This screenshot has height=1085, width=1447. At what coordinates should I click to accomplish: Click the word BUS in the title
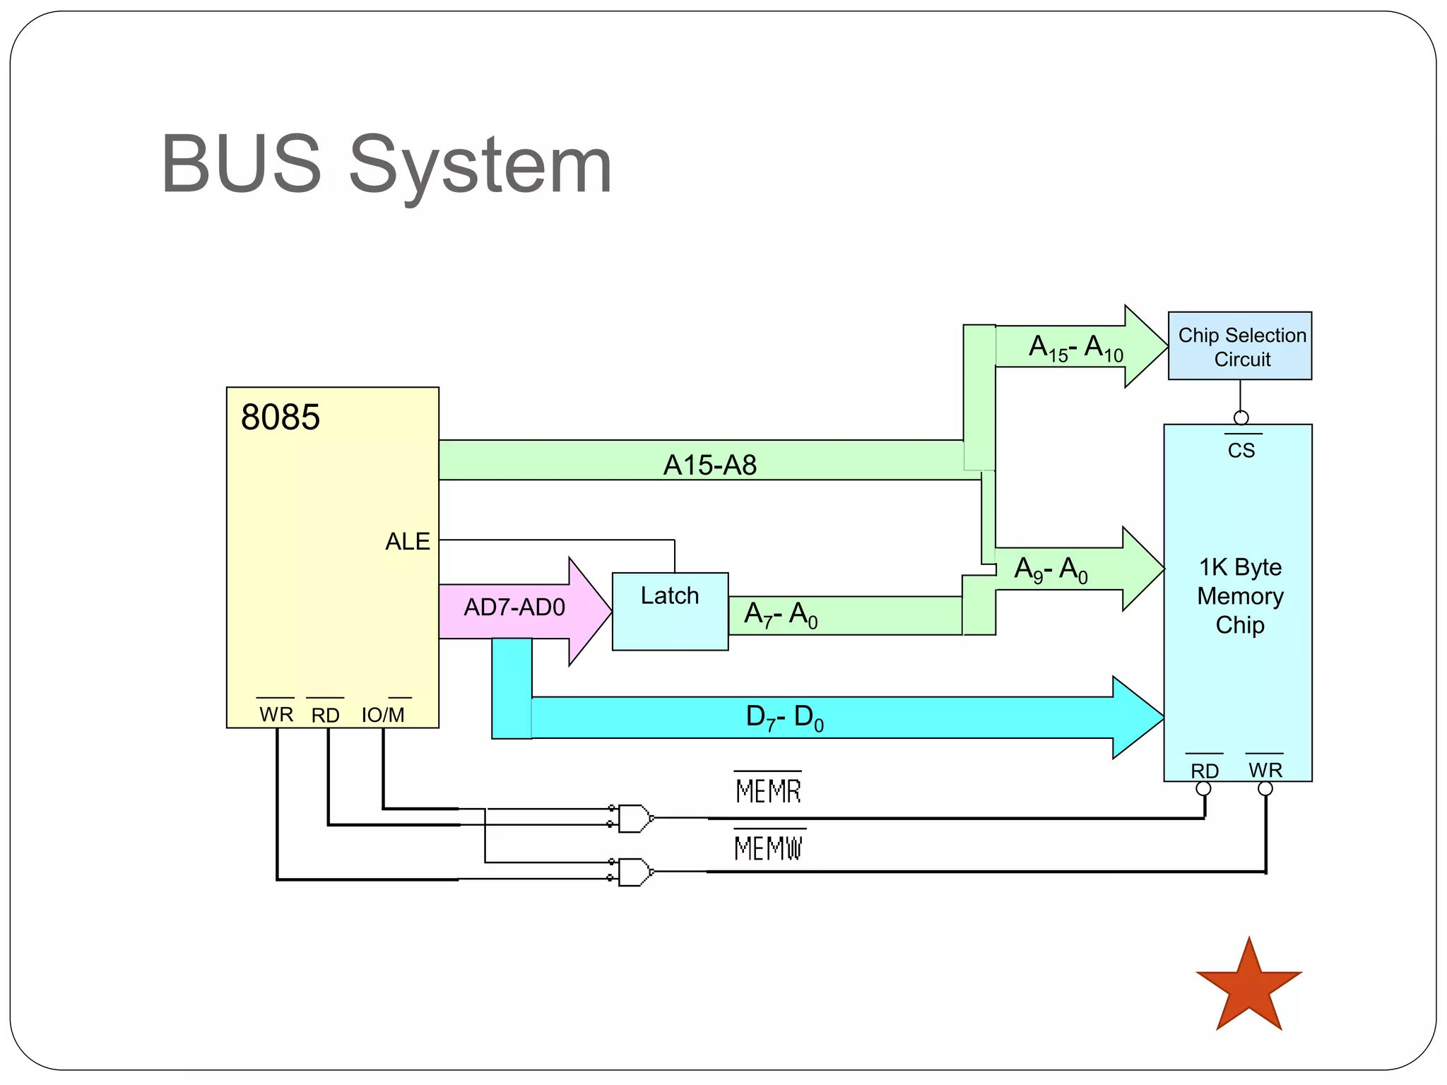point(241,165)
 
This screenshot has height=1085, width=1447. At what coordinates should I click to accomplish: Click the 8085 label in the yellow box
point(280,417)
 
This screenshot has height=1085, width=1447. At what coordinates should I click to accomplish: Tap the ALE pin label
point(407,542)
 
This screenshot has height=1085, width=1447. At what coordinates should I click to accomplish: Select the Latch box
point(670,611)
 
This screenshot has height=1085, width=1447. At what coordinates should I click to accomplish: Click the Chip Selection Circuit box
point(1240,346)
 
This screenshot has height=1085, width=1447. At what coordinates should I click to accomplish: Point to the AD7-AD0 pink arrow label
point(514,607)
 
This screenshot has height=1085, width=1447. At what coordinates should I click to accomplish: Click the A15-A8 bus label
point(709,465)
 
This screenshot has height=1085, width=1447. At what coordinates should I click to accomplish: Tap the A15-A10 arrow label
point(1075,348)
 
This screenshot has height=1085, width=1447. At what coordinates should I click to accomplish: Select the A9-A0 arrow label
point(1051,570)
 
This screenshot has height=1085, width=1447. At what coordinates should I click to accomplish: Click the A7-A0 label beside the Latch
point(780,615)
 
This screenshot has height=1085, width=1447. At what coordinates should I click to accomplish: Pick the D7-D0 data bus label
point(784,718)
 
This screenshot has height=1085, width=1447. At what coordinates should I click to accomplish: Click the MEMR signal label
point(768,790)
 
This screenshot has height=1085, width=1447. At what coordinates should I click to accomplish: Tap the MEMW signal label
point(769,848)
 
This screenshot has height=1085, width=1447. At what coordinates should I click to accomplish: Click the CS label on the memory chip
point(1241,450)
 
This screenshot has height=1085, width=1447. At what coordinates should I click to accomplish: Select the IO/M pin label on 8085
point(383,715)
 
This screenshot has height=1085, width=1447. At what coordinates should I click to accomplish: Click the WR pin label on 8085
point(276,714)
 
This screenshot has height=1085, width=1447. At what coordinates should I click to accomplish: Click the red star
point(1248,988)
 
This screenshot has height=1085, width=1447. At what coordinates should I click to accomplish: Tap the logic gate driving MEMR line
point(634,818)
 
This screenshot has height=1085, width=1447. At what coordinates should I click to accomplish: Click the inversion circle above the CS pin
point(1241,417)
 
